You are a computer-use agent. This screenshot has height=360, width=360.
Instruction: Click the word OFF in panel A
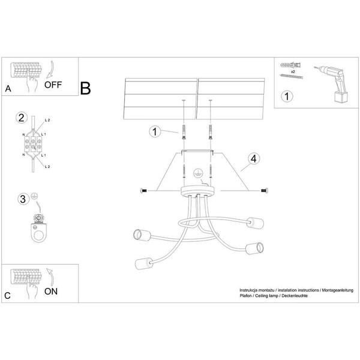pyautogui.click(x=53, y=85)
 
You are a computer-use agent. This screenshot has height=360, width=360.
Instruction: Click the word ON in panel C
pyautogui.click(x=52, y=292)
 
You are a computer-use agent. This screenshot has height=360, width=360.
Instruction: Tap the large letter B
pyautogui.click(x=85, y=88)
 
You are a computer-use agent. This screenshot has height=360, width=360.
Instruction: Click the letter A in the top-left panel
pyautogui.click(x=8, y=89)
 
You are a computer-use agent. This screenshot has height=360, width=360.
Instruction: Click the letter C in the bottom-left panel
pyautogui.click(x=7, y=296)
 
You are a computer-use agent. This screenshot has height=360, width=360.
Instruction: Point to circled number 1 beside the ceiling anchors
pyautogui.click(x=155, y=131)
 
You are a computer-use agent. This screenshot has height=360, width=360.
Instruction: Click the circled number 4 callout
pyautogui.click(x=253, y=158)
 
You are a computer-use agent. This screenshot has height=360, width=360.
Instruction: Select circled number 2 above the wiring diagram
pyautogui.click(x=22, y=117)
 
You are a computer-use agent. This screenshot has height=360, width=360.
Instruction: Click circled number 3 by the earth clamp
pyautogui.click(x=22, y=198)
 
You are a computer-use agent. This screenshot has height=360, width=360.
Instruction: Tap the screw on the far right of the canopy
pyautogui.click(x=263, y=191)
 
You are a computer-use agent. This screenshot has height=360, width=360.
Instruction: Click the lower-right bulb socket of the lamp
pyautogui.click(x=255, y=247)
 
